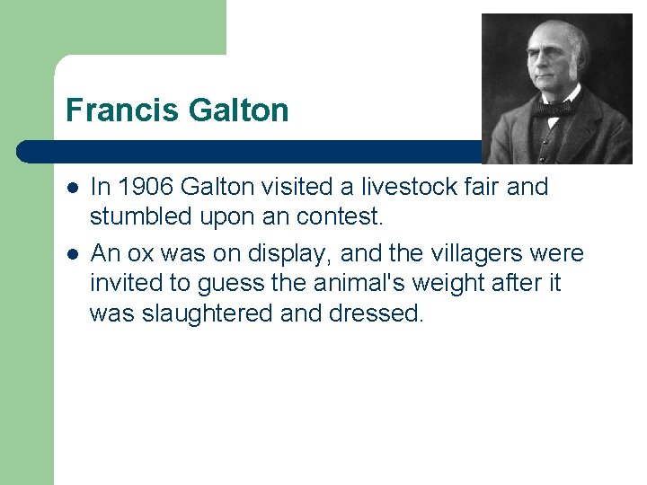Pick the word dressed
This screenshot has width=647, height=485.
click(376, 313)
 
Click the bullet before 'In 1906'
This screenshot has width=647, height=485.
click(73, 188)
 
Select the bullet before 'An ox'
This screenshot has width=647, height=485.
click(73, 255)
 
